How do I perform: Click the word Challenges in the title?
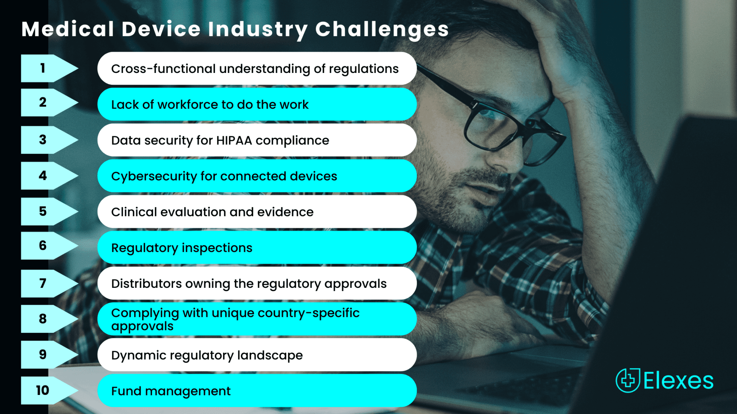(x=382, y=29)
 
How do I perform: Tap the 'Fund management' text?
(x=171, y=391)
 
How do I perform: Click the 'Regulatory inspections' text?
(x=182, y=248)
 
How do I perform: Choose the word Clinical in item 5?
(x=134, y=212)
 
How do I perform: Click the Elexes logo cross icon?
(x=628, y=380)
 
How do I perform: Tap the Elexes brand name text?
(x=678, y=381)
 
